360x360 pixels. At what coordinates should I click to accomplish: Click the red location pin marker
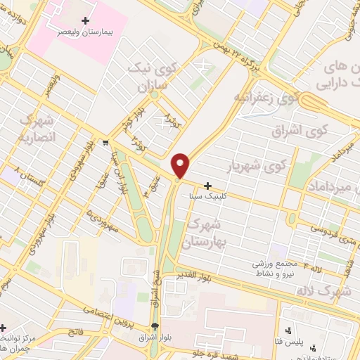coord(181,165)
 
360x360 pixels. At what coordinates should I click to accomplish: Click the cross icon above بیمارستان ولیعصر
coord(86,21)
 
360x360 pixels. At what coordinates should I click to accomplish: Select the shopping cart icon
coord(104,142)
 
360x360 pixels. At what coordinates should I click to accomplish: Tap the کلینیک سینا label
coord(207,198)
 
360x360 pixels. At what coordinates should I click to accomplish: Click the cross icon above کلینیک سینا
coord(207,186)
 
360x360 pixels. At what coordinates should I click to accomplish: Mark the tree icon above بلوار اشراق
coord(155,327)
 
